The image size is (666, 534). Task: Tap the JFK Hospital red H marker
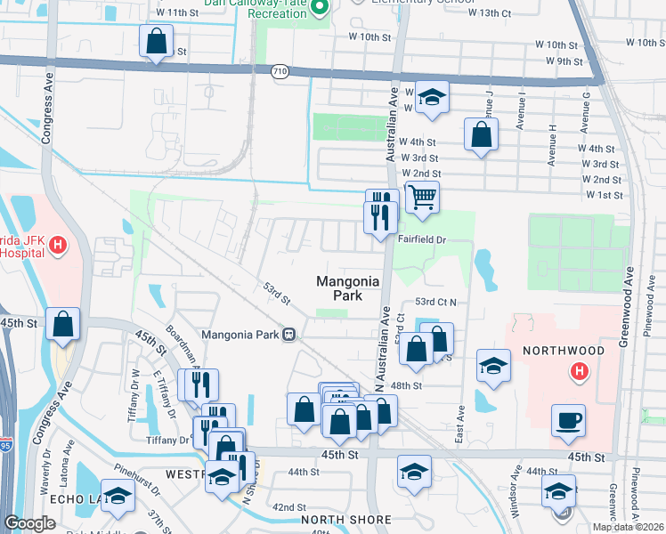[x=59, y=243]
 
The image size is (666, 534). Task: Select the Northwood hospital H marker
[x=580, y=371]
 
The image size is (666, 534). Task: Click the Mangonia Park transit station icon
[x=288, y=335]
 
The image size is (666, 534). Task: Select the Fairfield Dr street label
[x=422, y=239]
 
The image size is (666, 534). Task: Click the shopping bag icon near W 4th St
[x=481, y=134]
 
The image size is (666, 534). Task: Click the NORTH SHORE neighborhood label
[x=345, y=520]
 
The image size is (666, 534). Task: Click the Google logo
[x=29, y=523]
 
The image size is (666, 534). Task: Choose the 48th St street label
[x=404, y=385]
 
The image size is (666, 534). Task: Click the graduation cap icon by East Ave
[x=492, y=366]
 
